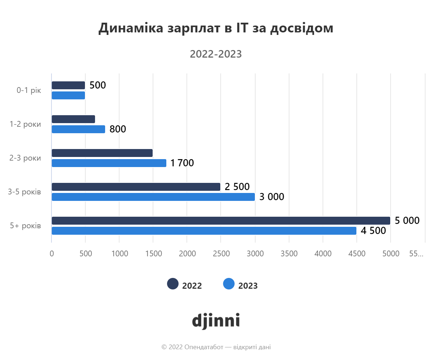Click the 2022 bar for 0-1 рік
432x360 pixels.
pyautogui.click(x=68, y=85)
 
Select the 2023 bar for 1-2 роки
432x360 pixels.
pyautogui.click(x=78, y=129)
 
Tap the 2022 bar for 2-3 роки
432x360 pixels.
pyautogui.click(x=102, y=153)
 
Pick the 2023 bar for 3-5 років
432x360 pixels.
pyautogui.click(x=153, y=197)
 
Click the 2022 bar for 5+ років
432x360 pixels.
pyautogui.click(x=221, y=221)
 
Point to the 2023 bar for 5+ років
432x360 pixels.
pyautogui.click(x=204, y=231)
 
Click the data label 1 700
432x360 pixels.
pyautogui.click(x=182, y=163)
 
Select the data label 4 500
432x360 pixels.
pyautogui.click(x=373, y=231)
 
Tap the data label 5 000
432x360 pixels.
pyautogui.click(x=407, y=220)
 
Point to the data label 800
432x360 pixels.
pyautogui.click(x=118, y=129)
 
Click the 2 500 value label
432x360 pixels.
pyautogui.click(x=237, y=187)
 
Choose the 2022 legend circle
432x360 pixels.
pyautogui.click(x=173, y=284)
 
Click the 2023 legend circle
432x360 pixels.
pyautogui.click(x=229, y=284)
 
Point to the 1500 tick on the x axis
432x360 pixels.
pyautogui.click(x=153, y=253)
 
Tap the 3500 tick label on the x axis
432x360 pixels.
pyautogui.click(x=289, y=253)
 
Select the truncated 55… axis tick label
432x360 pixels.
pyautogui.click(x=416, y=253)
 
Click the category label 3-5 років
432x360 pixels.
pyautogui.click(x=24, y=192)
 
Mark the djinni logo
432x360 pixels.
pyautogui.click(x=216, y=320)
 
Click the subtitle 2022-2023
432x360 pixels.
pyautogui.click(x=216, y=54)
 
